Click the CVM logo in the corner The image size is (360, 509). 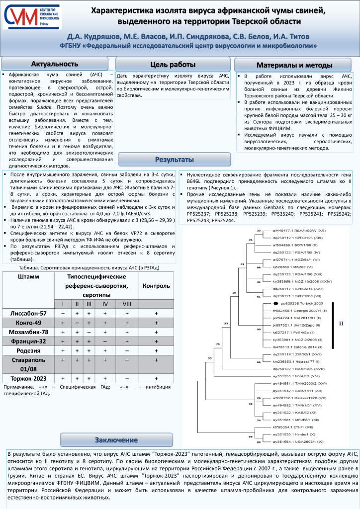point(31,16)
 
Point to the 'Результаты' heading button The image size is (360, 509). point(174,160)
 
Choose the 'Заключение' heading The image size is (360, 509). point(116,439)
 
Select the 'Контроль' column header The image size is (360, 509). point(156,286)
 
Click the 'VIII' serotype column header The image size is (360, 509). point(127,304)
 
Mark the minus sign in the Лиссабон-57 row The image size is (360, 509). point(63,314)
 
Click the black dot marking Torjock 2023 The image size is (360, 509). point(275,303)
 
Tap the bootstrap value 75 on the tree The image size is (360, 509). point(217,343)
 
